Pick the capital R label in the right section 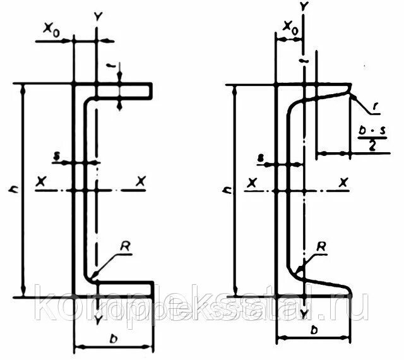point(321,246)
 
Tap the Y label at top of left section point(97,15)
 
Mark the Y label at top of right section point(304,7)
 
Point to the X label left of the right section point(251,184)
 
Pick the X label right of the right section point(345,184)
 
